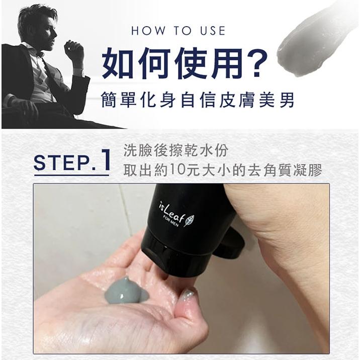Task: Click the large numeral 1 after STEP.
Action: click(x=105, y=160)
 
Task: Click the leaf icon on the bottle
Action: click(x=189, y=220)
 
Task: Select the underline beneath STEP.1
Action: click(x=71, y=175)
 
